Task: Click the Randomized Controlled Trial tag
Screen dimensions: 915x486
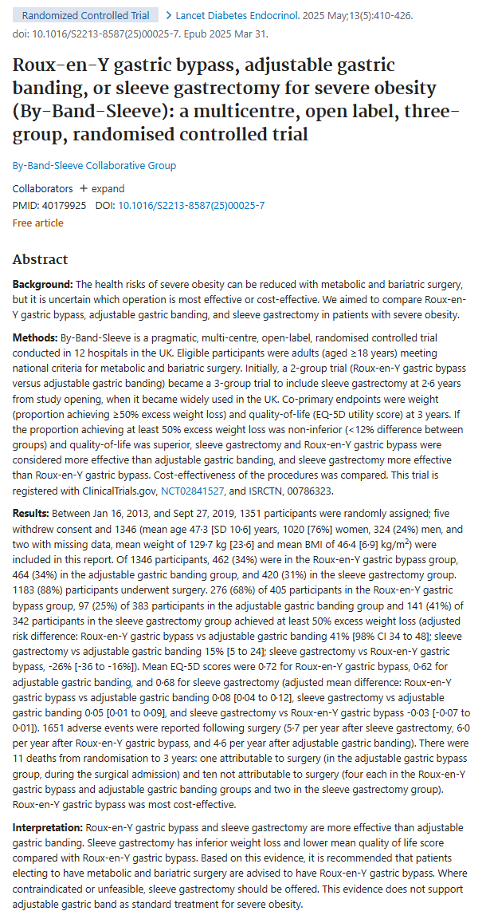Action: tap(85, 15)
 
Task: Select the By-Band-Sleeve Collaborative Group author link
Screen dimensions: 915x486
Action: tap(95, 166)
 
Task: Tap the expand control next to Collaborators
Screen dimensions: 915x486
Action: tap(102, 189)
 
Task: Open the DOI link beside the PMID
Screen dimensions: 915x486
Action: tap(191, 206)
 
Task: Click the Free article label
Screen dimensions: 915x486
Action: tap(38, 223)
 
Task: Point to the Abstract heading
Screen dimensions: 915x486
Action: tap(41, 259)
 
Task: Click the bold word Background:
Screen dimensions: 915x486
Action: tap(43, 285)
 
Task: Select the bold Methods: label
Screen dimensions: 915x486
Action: tap(35, 338)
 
